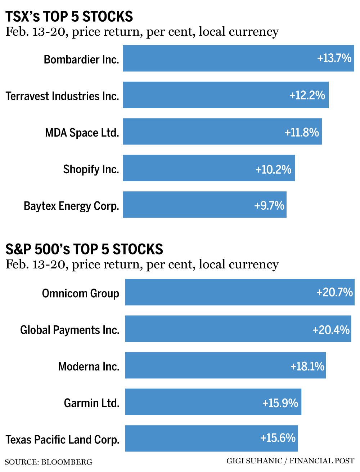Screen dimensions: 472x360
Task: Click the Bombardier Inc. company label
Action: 81,59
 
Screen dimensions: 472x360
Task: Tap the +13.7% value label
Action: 334,58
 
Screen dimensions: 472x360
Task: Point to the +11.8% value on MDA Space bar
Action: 302,132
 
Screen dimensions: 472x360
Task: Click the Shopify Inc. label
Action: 91,169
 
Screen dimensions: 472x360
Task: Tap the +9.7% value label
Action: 269,205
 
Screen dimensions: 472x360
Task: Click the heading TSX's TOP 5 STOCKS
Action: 69,17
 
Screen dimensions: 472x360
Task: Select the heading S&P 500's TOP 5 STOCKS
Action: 84,249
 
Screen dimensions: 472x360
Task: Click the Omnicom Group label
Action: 81,293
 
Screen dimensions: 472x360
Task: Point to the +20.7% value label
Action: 334,292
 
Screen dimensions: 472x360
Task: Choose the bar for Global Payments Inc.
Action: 216,329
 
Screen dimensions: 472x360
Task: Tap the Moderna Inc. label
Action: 89,366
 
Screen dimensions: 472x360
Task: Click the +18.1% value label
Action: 307,366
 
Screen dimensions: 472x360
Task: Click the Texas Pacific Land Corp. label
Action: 63,440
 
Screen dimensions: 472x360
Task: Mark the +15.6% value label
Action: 278,438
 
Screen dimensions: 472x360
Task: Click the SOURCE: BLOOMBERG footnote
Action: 49,462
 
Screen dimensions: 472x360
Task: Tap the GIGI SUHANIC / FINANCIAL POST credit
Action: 290,461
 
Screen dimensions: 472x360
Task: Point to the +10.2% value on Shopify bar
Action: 273,169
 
